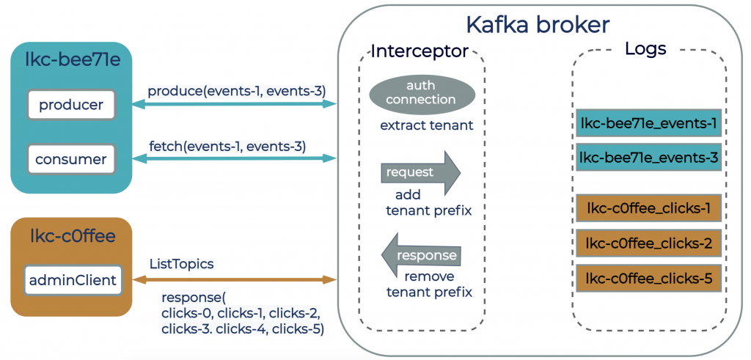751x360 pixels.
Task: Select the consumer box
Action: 71,158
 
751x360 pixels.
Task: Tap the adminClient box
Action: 73,279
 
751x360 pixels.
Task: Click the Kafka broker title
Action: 538,25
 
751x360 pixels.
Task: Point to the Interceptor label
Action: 420,51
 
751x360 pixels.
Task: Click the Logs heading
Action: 645,49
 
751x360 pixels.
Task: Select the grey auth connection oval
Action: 422,92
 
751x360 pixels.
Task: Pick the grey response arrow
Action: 421,255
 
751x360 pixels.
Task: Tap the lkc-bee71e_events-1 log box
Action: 648,123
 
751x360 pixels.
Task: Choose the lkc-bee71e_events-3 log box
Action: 648,157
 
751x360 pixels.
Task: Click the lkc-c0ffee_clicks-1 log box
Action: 648,208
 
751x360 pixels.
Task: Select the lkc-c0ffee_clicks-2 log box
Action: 648,243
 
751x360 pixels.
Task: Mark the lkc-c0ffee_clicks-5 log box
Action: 648,278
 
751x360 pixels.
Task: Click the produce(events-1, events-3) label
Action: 236,91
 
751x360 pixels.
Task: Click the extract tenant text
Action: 426,125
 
